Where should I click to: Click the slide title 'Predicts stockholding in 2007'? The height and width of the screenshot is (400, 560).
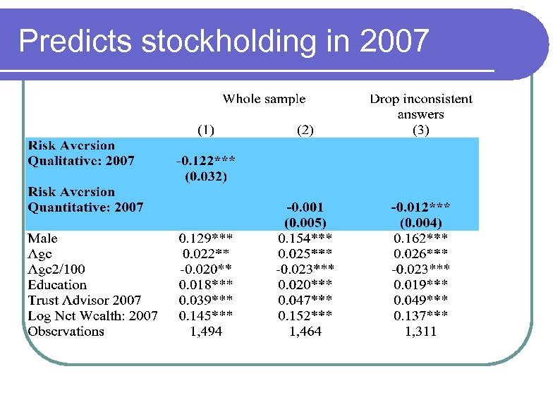pos(224,41)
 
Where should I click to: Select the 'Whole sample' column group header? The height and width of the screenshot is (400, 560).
pos(264,99)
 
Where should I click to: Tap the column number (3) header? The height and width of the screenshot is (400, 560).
pos(420,130)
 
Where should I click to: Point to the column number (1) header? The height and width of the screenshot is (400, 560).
pos(205,130)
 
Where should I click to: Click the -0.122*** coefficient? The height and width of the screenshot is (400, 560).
pos(205,161)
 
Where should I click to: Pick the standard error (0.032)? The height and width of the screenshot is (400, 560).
pos(205,176)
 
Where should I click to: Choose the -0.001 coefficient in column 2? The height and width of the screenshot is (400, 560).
pos(305,207)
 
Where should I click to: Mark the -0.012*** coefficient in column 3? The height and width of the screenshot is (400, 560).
pos(420,207)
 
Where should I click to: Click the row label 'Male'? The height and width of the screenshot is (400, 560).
pos(43,238)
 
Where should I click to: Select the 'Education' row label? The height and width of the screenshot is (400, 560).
pos(57,285)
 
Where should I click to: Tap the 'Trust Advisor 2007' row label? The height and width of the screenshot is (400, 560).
pos(85,301)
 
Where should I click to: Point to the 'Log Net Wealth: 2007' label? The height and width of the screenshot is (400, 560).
pos(92,316)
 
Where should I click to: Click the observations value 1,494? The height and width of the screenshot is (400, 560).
pos(205,332)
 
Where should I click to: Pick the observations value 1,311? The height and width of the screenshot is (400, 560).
pos(420,332)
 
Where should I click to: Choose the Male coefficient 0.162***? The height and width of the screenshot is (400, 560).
pos(420,238)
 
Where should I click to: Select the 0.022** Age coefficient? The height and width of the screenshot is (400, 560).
pos(205,254)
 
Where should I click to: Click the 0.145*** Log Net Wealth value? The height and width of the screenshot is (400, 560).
pos(205,316)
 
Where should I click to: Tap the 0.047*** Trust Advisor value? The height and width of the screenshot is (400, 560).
pos(305,301)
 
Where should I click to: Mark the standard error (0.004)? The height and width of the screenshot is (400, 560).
pos(420,223)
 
